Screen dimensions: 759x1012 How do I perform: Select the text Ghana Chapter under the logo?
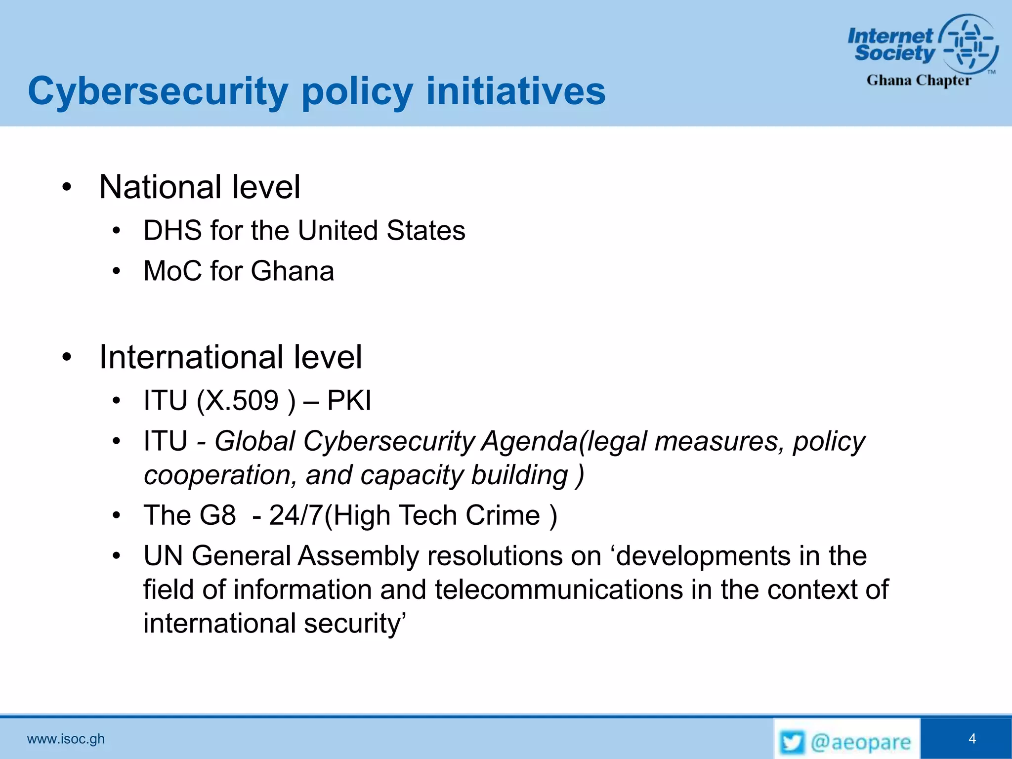[x=919, y=80]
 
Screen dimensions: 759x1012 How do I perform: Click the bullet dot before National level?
[x=67, y=188]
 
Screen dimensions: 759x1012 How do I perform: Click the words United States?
[x=381, y=231]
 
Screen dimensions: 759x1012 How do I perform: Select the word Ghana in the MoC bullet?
[x=292, y=271]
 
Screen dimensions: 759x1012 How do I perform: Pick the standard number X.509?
[x=242, y=401]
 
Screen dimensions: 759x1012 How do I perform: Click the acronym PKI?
[x=349, y=401]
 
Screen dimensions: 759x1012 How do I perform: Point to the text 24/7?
[x=295, y=516]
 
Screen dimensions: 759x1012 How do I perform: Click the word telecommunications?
[x=559, y=590]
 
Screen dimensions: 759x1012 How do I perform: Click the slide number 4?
[x=972, y=739]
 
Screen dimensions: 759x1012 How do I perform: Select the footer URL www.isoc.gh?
[x=66, y=739]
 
